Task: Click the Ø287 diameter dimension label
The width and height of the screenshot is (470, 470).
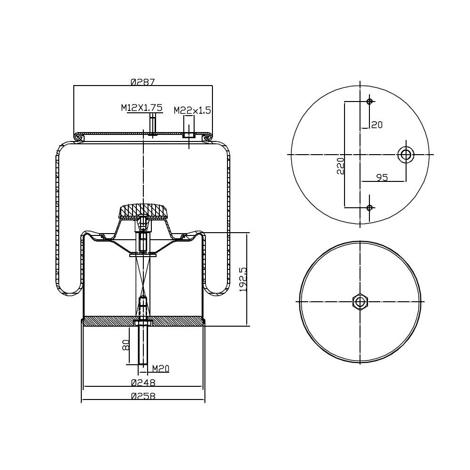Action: tap(143, 81)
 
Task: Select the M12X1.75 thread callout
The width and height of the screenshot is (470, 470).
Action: tap(141, 108)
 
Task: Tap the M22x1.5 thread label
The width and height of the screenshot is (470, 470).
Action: tap(192, 110)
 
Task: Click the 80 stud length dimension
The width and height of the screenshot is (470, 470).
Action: tap(125, 345)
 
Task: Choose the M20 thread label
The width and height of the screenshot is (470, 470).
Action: tap(160, 369)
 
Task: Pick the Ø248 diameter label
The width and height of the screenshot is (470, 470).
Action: tap(143, 383)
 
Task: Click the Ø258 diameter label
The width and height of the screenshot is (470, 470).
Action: tap(143, 396)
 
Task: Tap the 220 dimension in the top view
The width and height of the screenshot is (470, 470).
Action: tap(340, 166)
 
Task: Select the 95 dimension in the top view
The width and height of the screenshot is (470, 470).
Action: tap(382, 177)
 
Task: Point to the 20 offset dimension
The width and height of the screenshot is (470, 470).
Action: tap(377, 125)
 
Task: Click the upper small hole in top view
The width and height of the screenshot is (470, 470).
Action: tap(369, 102)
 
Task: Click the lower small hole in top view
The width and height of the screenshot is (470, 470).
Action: tap(369, 207)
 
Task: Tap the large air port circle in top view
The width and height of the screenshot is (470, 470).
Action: tap(405, 154)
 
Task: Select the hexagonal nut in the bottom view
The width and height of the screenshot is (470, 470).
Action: tap(360, 301)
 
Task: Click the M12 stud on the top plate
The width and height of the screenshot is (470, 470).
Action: tap(152, 125)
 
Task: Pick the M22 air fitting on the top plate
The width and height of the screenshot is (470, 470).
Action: tap(188, 128)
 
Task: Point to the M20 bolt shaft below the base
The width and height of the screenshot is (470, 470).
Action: tap(143, 345)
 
